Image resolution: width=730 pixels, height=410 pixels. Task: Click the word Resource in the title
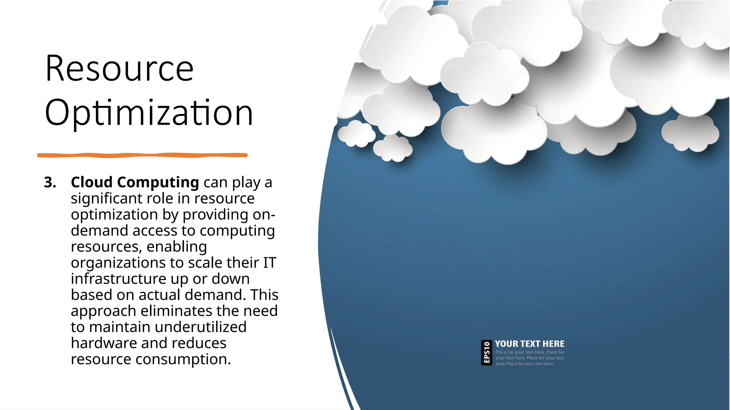(x=119, y=68)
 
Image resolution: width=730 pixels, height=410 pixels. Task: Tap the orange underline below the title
(x=142, y=155)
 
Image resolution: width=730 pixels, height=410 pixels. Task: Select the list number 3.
(x=50, y=183)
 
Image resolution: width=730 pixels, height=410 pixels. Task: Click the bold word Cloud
(x=92, y=182)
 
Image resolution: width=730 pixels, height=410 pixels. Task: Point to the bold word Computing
(x=158, y=183)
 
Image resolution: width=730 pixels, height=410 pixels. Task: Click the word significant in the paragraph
(x=106, y=199)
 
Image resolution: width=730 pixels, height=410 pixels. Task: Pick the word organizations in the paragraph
(x=118, y=263)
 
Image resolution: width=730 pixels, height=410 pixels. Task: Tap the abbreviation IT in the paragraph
(x=269, y=263)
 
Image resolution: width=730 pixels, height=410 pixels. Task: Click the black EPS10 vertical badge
(x=487, y=352)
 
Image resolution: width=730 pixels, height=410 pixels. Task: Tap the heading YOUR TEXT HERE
(x=530, y=344)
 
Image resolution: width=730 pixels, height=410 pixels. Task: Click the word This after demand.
(x=264, y=295)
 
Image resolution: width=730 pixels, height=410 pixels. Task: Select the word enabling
(x=176, y=247)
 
